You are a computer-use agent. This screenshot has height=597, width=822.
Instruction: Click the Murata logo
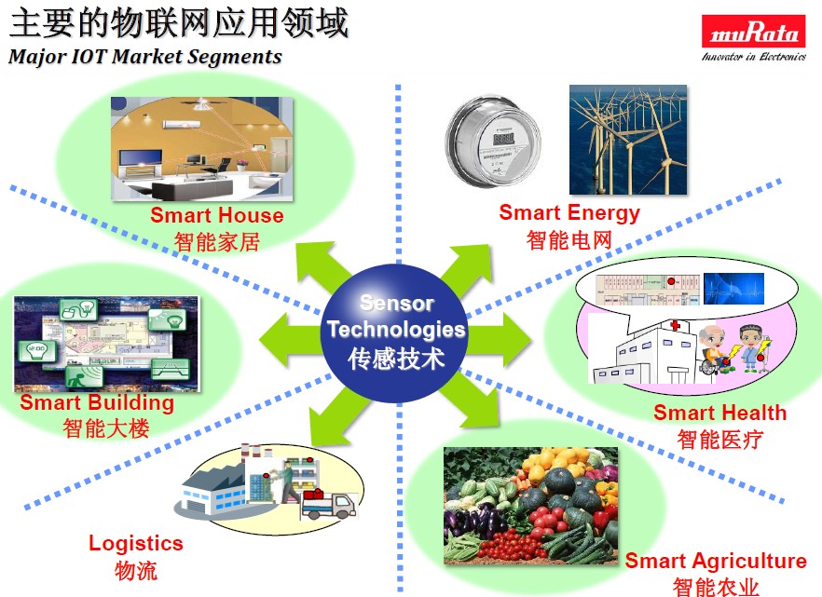[x=753, y=38]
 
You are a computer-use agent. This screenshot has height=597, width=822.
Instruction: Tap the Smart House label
[x=217, y=215]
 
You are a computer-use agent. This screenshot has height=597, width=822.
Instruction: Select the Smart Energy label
[x=569, y=212]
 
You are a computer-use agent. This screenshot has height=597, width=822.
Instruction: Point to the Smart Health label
[x=719, y=413]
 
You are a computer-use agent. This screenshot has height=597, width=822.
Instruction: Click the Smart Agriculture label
[x=716, y=561]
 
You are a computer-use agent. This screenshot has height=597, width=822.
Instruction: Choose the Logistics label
[x=136, y=544]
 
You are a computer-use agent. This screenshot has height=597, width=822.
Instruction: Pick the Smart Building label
[x=97, y=402]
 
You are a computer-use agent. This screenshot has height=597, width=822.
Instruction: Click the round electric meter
[x=493, y=141]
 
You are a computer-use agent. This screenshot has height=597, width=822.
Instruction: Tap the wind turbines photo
[x=628, y=140]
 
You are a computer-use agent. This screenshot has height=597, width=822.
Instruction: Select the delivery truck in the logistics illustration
[x=329, y=504]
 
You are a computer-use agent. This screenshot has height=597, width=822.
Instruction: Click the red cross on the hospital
[x=675, y=325]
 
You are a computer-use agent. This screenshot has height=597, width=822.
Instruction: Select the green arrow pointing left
[x=292, y=339]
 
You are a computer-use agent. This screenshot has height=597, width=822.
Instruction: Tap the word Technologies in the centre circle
[x=396, y=330]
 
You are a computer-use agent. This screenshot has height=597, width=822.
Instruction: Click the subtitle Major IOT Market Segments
[x=145, y=57]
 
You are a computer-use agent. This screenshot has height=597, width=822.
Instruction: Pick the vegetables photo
[x=531, y=506]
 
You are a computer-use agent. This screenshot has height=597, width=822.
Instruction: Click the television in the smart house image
[x=141, y=157]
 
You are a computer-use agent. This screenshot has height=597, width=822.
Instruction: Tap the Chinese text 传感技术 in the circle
[x=396, y=359]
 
